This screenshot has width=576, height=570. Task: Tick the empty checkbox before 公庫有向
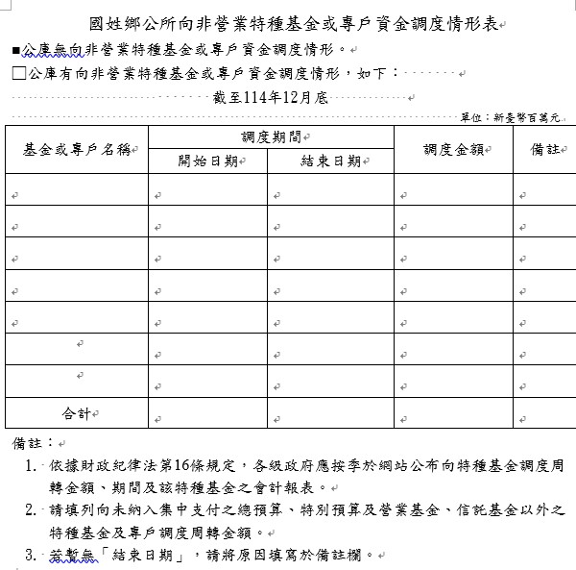pos(18,72)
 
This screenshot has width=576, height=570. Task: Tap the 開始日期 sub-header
pos(207,161)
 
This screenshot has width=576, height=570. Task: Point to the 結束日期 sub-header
pos(329,161)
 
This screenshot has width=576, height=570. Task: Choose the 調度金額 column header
pos(452,149)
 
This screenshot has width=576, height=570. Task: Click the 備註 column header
pos(544,149)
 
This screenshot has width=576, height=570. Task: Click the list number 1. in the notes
pos(32,466)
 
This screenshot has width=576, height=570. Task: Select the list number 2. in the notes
pos(32,509)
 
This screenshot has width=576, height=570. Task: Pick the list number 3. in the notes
pos(32,555)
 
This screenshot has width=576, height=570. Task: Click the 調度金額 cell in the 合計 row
pos(452,413)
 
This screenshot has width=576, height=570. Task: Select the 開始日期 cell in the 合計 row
pos(207,413)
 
